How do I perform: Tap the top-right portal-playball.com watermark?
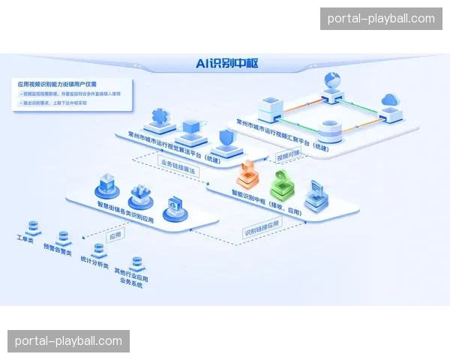point(381,19)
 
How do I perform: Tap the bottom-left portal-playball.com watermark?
point(69,341)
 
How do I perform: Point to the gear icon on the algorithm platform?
point(160,116)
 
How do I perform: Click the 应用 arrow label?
point(115,235)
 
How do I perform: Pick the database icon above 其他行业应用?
point(136,263)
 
